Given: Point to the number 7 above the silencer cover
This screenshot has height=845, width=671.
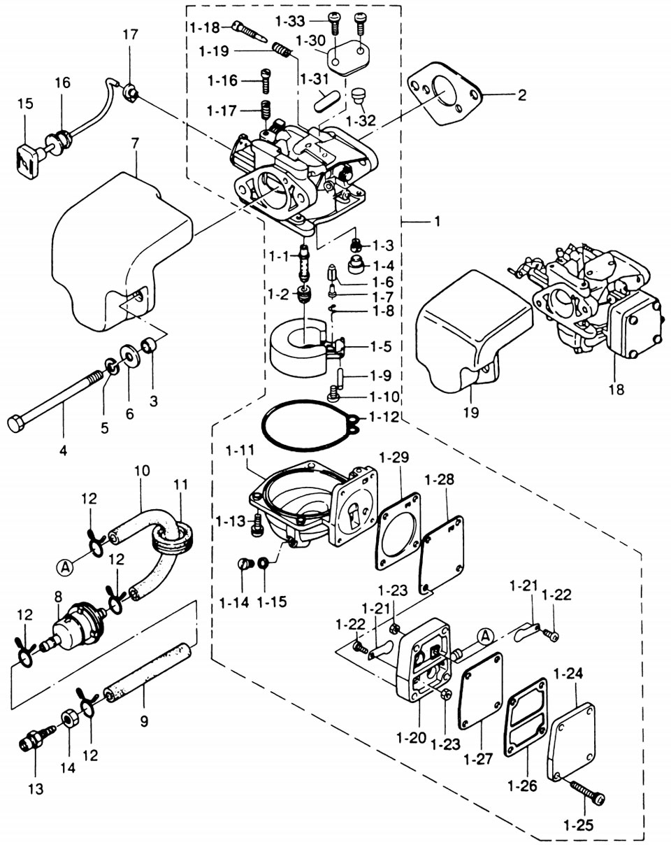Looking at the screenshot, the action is [135, 142].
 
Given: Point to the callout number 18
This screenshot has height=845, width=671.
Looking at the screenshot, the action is [615, 389].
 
